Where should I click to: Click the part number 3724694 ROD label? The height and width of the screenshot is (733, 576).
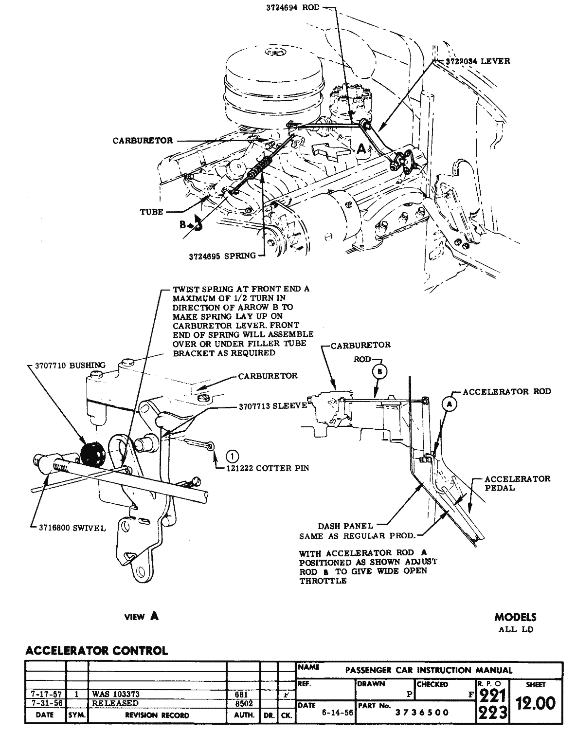tap(292, 8)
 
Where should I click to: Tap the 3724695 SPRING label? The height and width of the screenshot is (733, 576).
tap(222, 256)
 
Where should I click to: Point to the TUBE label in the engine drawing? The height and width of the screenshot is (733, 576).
tap(152, 212)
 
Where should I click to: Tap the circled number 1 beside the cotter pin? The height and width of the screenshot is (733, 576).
tap(233, 456)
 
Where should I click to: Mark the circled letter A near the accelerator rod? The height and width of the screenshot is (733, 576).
tap(450, 403)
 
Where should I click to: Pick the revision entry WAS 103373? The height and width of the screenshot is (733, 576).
tap(116, 694)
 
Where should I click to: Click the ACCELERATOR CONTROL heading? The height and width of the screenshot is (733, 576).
tap(96, 650)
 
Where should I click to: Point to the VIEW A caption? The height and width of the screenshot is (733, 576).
tap(141, 616)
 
